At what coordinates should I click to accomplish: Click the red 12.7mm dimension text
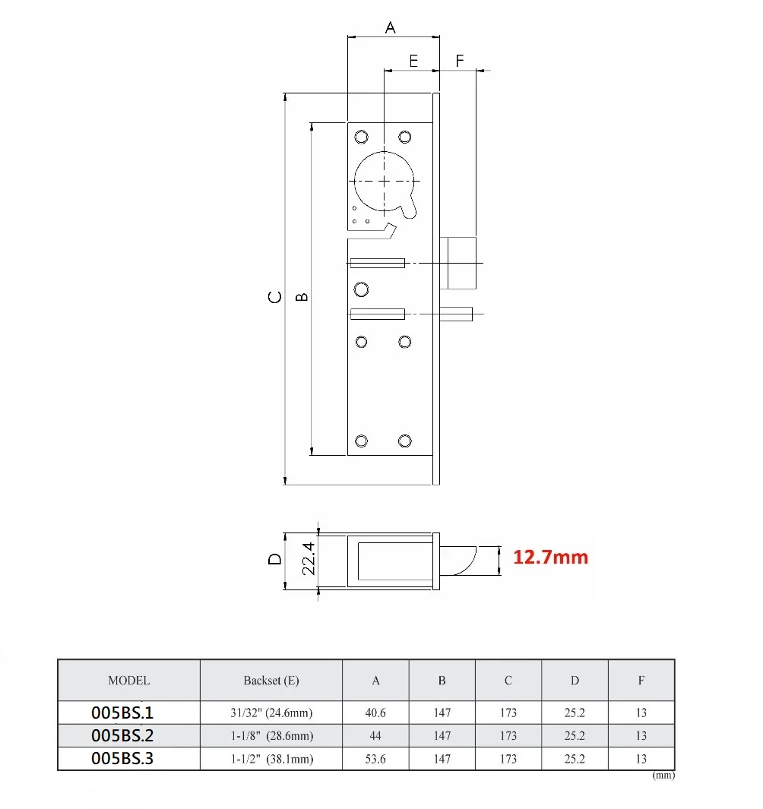click(550, 558)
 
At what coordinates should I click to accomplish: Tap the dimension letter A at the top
click(391, 27)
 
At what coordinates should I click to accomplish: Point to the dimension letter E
click(413, 61)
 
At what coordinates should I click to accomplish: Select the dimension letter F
click(460, 61)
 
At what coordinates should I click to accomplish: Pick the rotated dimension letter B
click(302, 297)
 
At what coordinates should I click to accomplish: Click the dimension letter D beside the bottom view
click(275, 559)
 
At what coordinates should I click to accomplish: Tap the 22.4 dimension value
click(308, 559)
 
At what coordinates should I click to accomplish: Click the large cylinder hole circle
click(385, 181)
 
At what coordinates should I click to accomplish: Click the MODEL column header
click(128, 681)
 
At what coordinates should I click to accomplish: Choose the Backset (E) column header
click(271, 681)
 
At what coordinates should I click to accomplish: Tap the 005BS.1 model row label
click(122, 713)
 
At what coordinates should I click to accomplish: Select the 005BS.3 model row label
click(122, 758)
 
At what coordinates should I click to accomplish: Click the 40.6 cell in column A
click(375, 713)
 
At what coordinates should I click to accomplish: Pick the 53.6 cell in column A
click(375, 758)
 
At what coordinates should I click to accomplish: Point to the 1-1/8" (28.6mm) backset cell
click(271, 735)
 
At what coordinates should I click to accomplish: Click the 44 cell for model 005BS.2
click(375, 735)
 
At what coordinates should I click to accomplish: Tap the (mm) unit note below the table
click(663, 776)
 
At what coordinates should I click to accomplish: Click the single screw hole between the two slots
click(362, 289)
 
